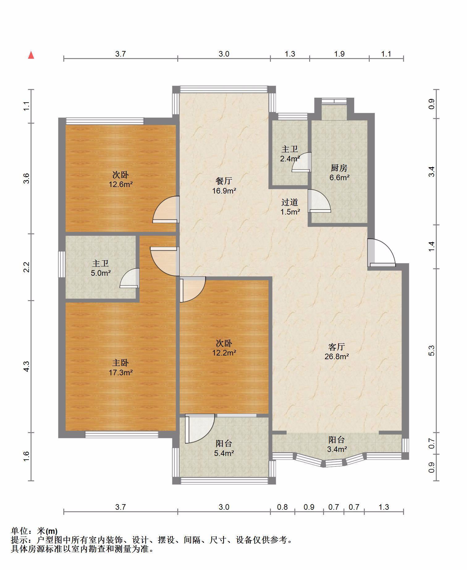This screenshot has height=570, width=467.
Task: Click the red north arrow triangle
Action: tap(31, 55)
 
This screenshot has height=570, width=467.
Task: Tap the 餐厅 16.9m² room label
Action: tap(224, 186)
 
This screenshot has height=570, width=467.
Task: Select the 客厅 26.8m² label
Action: tap(337, 351)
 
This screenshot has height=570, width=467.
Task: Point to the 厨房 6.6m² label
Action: tap(339, 172)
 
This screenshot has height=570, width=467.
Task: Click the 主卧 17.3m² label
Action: tap(120, 368)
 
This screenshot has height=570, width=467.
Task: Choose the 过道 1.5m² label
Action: tap(290, 207)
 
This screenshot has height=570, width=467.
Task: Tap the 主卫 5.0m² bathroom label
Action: tap(100, 268)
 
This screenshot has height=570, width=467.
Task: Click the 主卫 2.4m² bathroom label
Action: tap(290, 154)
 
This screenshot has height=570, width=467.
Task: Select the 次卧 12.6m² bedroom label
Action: tap(120, 180)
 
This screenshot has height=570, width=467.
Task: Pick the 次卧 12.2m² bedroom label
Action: tap(224, 348)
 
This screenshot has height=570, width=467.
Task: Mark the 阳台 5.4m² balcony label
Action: tap(224, 448)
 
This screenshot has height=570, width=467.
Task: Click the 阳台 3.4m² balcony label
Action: tap(337, 444)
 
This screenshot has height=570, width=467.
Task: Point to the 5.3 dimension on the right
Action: tap(432, 351)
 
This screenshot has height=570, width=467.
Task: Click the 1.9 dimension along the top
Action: tap(339, 54)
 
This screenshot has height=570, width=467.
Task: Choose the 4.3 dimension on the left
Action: tap(27, 366)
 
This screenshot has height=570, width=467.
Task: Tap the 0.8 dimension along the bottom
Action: tap(282, 507)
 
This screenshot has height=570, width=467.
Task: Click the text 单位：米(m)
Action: tap(34, 531)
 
